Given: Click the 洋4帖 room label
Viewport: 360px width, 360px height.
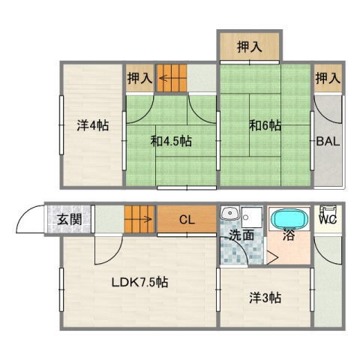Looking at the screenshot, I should click(x=91, y=126).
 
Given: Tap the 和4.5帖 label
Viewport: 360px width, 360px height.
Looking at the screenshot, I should click(x=171, y=141).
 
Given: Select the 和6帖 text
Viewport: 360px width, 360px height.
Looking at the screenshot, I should click(x=265, y=126).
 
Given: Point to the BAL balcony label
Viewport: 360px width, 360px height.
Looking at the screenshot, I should click(x=327, y=141).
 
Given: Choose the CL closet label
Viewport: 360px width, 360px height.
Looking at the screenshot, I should click(x=186, y=220).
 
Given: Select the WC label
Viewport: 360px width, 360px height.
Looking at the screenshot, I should click(x=327, y=220).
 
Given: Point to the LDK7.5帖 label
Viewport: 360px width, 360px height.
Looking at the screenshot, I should click(x=139, y=283).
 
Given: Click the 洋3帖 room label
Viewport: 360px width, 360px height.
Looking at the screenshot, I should click(x=265, y=298).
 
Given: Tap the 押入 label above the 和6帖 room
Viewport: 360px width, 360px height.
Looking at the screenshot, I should click(x=250, y=47).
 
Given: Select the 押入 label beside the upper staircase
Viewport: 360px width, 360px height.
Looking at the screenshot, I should click(x=139, y=78).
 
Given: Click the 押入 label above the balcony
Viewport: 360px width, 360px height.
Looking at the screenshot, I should click(x=327, y=78).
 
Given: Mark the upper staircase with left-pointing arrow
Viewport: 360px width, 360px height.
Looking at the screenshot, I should click(x=172, y=78).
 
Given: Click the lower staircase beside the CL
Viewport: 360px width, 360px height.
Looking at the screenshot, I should click(x=139, y=220).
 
